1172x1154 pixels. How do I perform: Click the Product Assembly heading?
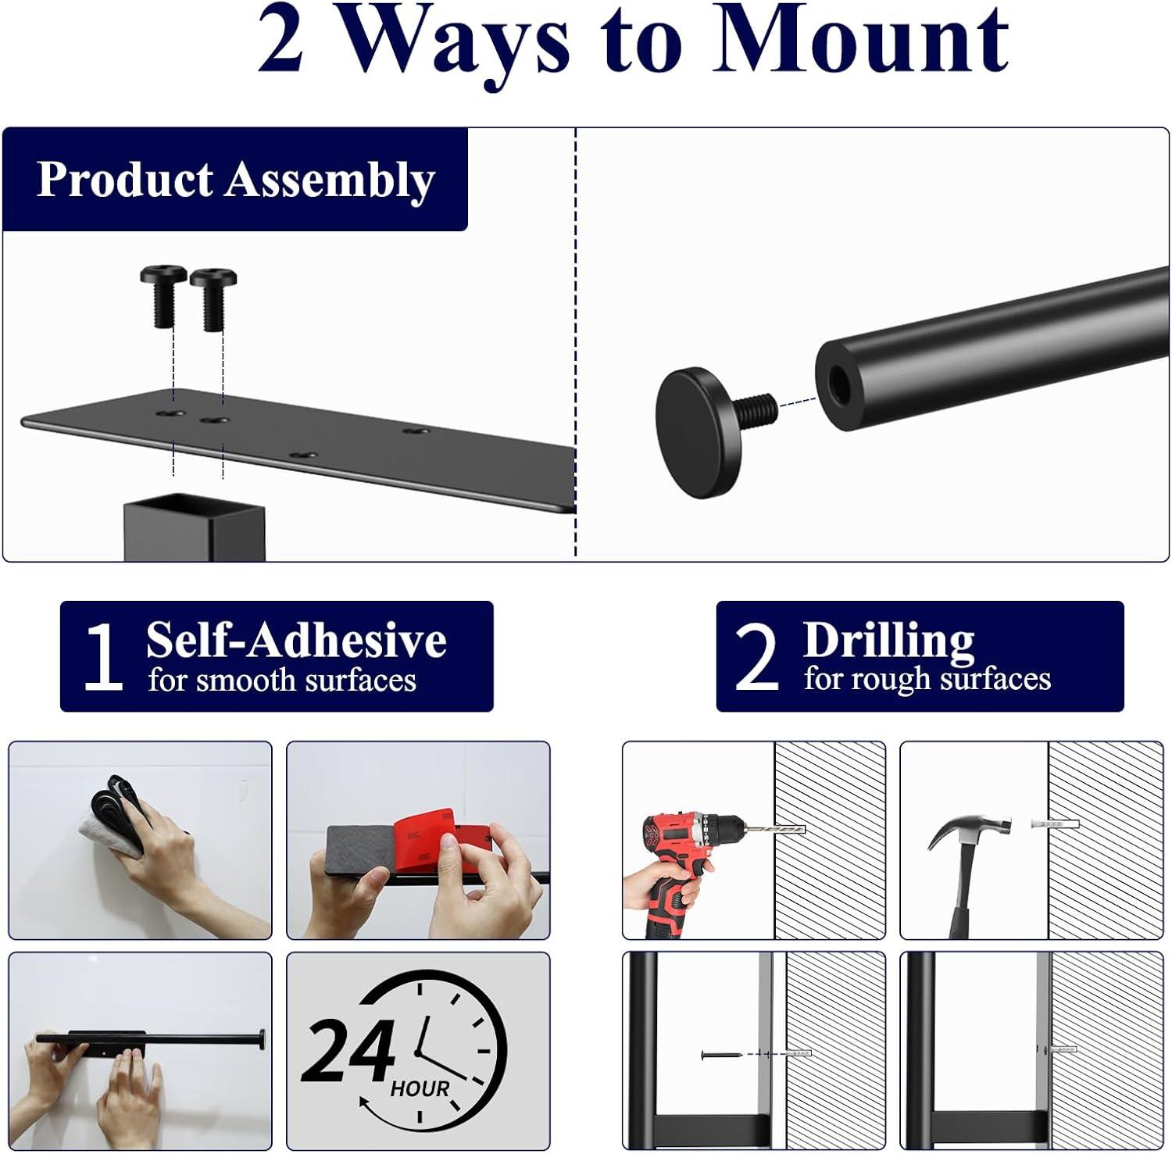click(235, 180)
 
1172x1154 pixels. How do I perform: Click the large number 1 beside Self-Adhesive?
click(103, 657)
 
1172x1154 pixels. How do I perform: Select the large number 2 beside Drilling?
click(757, 657)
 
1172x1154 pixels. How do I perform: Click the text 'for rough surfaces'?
click(927, 679)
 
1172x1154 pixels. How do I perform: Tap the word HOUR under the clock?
click(420, 1088)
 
